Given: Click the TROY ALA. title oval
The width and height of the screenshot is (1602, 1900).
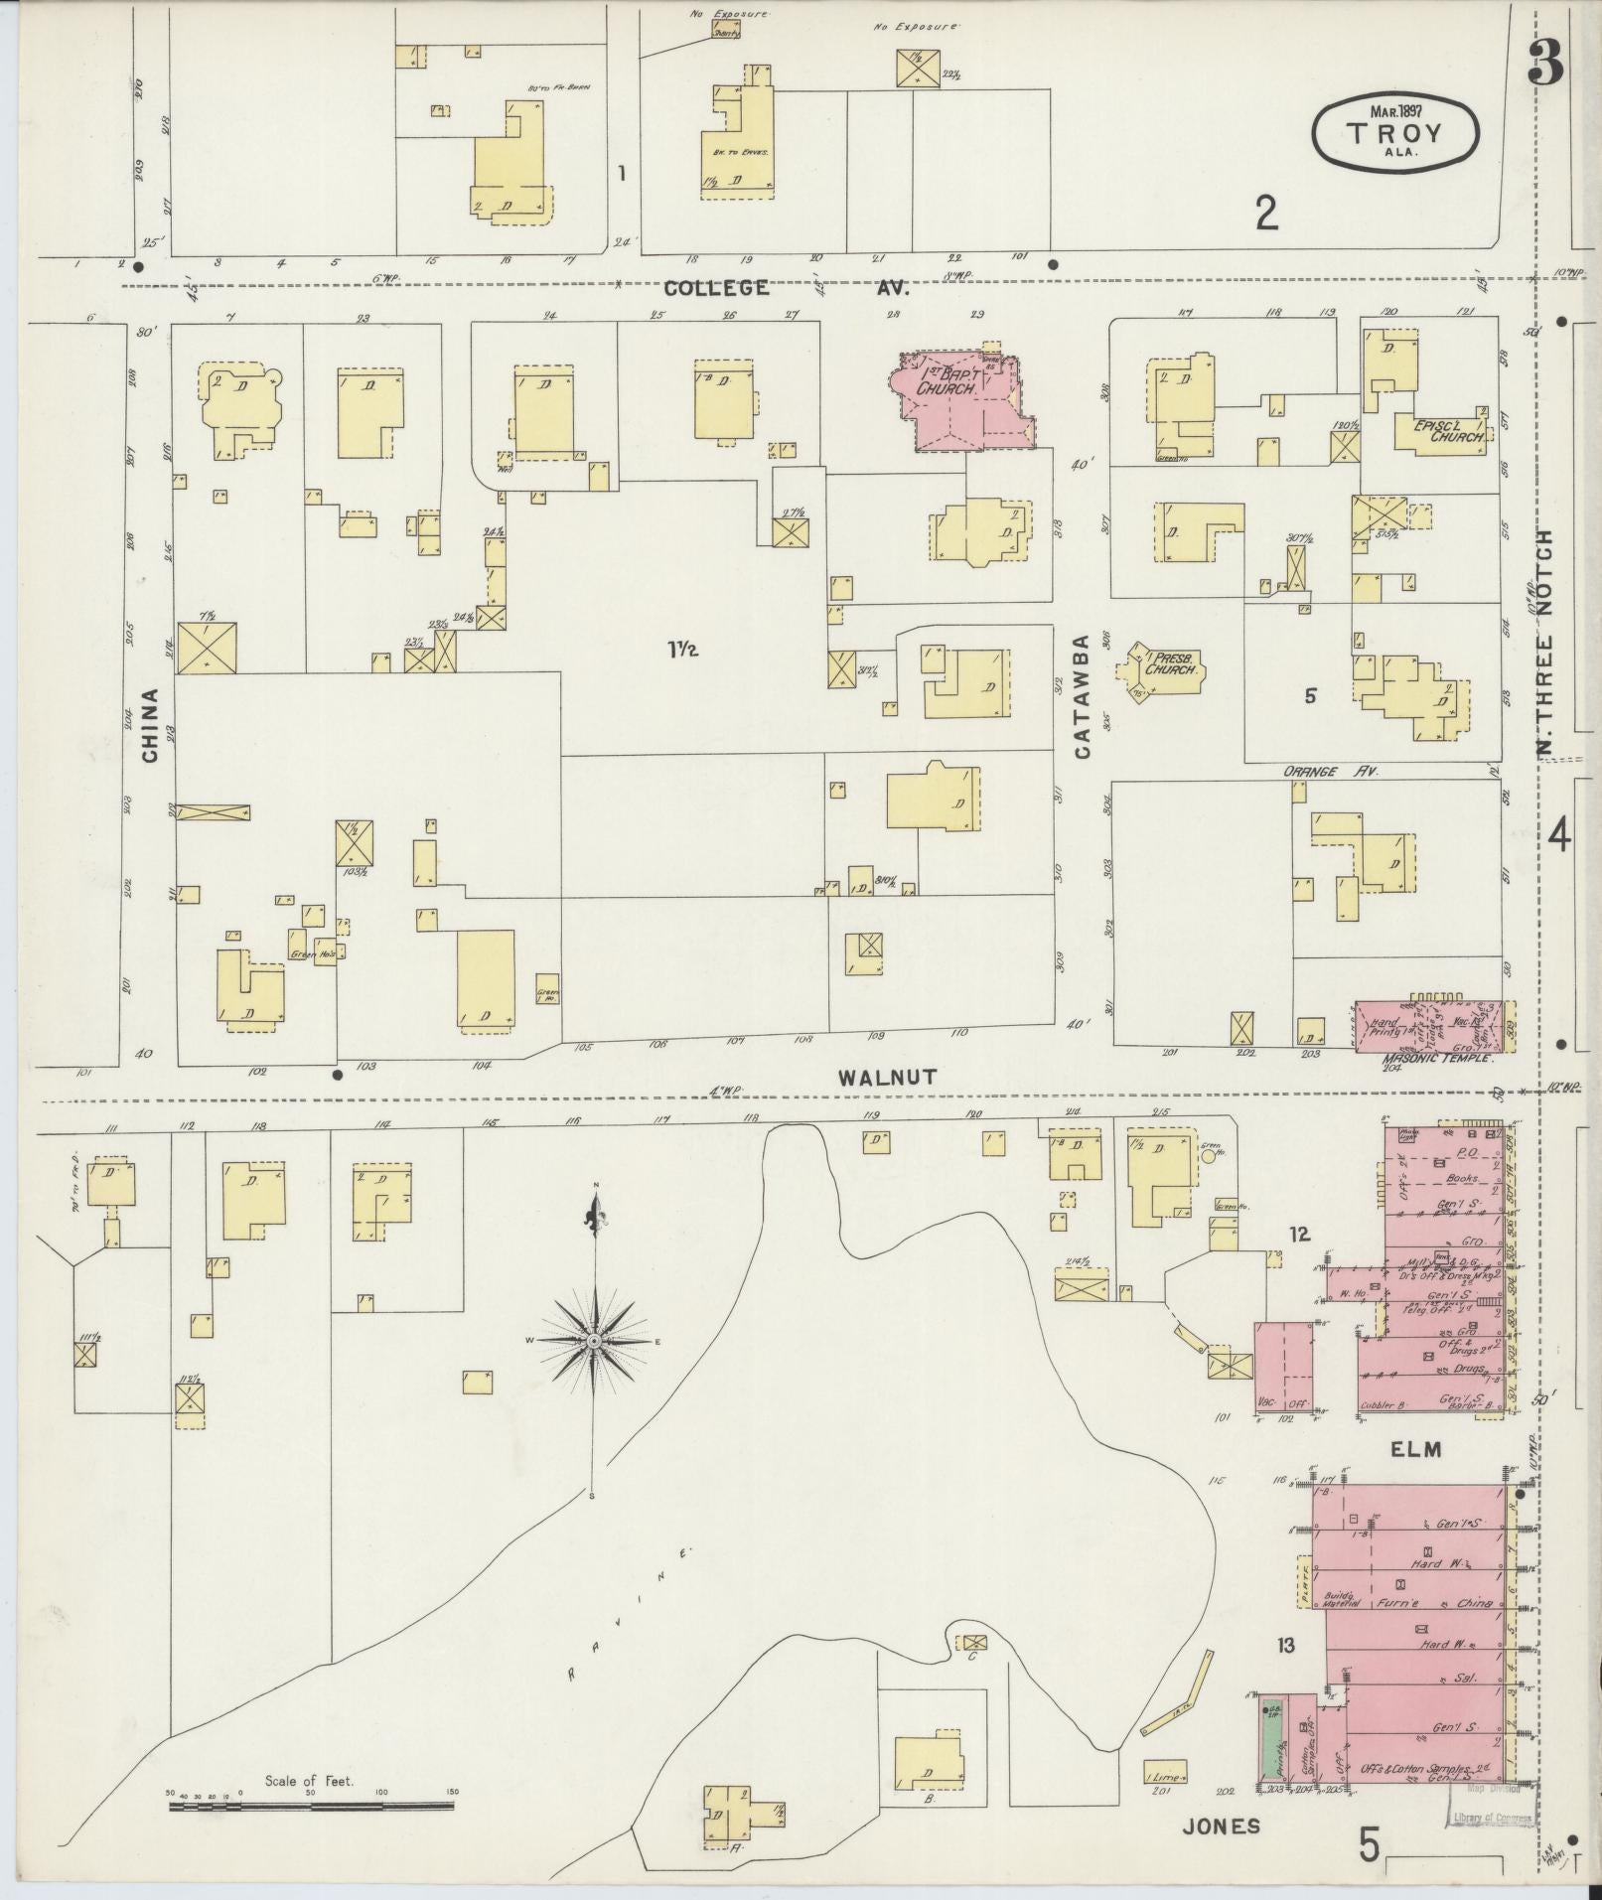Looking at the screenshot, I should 1395,132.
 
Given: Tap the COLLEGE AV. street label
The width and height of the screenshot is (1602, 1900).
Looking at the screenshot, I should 785,288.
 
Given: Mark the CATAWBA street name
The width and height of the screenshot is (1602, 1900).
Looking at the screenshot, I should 1081,696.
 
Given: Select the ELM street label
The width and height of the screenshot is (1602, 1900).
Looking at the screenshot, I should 1414,1450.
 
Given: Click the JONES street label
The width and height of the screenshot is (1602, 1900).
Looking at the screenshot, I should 1222,1826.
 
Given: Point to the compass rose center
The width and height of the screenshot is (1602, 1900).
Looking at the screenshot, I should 594,1341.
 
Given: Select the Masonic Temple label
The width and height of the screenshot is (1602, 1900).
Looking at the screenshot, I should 1436,1059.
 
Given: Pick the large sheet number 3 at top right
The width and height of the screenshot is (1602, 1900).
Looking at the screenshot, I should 1545,64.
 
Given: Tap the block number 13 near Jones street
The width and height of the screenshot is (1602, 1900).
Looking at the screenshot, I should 1286,1647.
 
